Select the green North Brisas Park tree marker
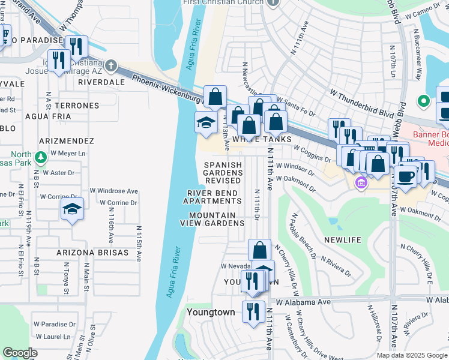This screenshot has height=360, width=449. [40, 158]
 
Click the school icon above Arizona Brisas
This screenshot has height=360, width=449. [72, 209]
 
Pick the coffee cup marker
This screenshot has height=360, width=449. [405, 176]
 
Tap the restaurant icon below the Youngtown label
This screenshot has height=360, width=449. [253, 311]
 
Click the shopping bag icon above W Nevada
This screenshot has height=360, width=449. [259, 250]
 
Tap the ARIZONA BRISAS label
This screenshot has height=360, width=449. [92, 253]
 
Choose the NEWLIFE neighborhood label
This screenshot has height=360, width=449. [343, 240]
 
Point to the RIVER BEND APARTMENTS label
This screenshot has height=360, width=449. [212, 197]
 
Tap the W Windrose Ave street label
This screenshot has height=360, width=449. [114, 191]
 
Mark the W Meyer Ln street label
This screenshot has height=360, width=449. [69, 154]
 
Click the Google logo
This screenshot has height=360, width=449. [20, 353]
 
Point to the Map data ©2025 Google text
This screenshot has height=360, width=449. [412, 355]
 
